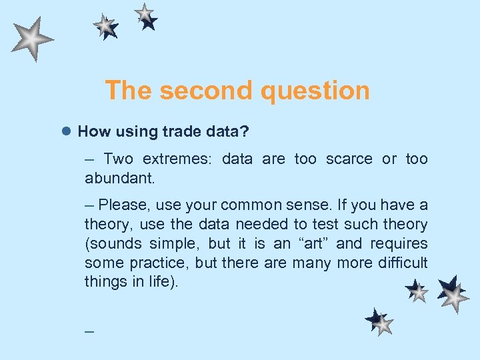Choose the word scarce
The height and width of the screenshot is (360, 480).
point(349,159)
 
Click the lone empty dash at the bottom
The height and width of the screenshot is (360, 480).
point(89,331)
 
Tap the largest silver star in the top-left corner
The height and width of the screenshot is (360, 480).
point(31,39)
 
